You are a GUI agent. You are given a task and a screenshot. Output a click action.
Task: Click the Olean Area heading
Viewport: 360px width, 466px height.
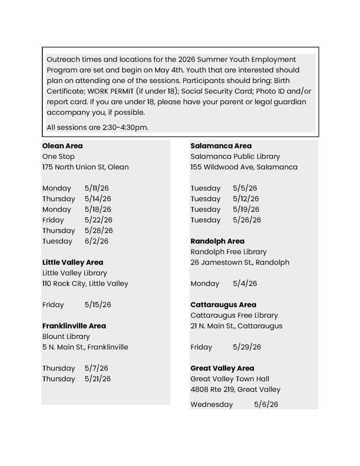click(62, 146)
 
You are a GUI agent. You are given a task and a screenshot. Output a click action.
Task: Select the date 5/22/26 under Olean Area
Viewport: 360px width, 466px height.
click(97, 220)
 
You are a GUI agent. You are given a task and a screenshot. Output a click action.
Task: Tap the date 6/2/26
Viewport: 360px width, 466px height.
click(96, 241)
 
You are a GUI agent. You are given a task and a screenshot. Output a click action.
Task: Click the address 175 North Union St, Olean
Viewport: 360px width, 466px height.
click(86, 167)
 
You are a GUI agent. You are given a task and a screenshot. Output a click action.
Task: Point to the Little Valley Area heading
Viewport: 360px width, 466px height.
click(73, 263)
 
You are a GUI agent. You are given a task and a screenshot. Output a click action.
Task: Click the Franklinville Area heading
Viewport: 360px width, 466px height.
click(74, 326)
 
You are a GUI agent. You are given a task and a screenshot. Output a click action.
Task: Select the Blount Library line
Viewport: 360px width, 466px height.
click(66, 337)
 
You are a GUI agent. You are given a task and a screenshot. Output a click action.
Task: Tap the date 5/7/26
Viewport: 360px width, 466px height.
click(96, 369)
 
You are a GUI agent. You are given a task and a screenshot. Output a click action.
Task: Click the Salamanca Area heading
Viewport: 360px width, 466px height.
click(221, 146)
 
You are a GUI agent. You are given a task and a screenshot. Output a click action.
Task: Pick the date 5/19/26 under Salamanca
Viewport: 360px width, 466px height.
click(246, 210)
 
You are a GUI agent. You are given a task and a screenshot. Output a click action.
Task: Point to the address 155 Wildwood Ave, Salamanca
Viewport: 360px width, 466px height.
click(244, 167)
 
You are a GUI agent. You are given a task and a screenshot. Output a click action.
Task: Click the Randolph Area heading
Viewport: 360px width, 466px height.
click(218, 241)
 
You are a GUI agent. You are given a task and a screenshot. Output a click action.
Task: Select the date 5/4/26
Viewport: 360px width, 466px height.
click(245, 284)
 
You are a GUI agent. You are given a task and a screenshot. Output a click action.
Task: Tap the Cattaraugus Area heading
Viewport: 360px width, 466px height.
click(223, 305)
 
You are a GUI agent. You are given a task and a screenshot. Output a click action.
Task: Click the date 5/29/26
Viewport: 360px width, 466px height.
click(247, 347)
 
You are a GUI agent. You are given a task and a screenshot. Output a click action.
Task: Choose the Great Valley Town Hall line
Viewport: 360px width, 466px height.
click(230, 379)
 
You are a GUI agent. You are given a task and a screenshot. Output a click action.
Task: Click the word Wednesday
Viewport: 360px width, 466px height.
click(212, 405)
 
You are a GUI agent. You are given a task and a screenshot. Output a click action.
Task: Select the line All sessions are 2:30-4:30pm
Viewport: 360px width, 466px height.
click(97, 127)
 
